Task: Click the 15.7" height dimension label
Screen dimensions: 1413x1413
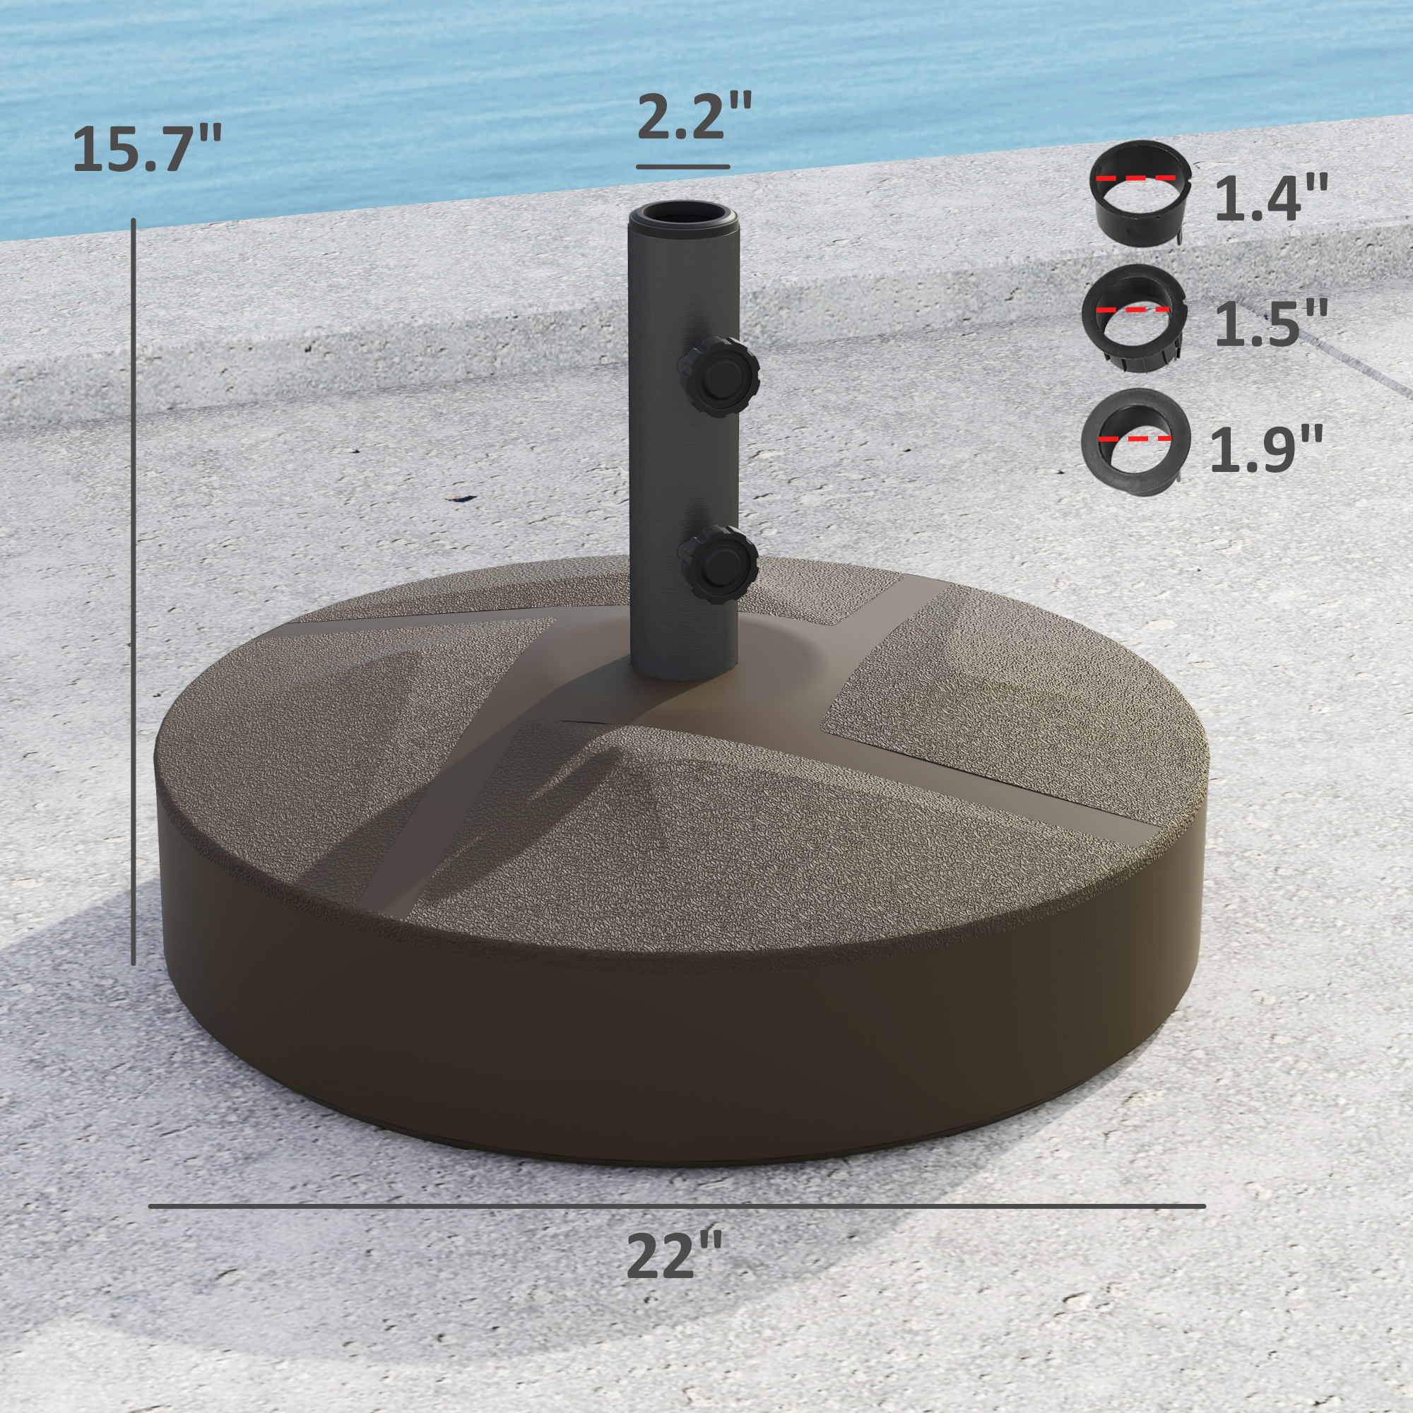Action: coord(147,150)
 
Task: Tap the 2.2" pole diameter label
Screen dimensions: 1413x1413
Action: coord(694,117)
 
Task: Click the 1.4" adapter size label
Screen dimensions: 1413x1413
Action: coord(1271,200)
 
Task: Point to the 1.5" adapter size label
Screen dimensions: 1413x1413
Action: coord(1271,325)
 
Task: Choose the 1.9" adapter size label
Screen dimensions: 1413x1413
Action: coord(1267,449)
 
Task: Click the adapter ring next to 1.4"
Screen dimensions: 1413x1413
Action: coord(1140,193)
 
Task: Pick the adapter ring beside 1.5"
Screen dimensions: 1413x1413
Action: coord(1134,319)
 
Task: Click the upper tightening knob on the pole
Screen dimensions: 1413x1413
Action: coord(720,376)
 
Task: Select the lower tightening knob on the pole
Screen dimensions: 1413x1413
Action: coord(719,564)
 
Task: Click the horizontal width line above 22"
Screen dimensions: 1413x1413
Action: coord(677,1206)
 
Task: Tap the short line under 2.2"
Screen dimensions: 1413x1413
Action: coord(682,167)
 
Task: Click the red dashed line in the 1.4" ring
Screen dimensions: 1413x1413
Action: coord(1136,178)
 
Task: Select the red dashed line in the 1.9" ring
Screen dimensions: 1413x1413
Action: coord(1134,439)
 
